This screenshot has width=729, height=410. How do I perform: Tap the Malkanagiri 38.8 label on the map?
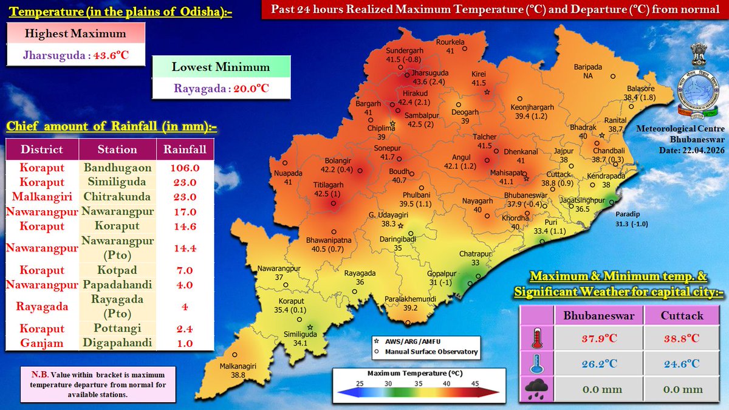233,370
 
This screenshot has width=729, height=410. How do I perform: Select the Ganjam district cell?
42,343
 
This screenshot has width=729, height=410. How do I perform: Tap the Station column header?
118,149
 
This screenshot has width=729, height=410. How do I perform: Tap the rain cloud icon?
538,389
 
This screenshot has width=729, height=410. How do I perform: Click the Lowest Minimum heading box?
221,67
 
